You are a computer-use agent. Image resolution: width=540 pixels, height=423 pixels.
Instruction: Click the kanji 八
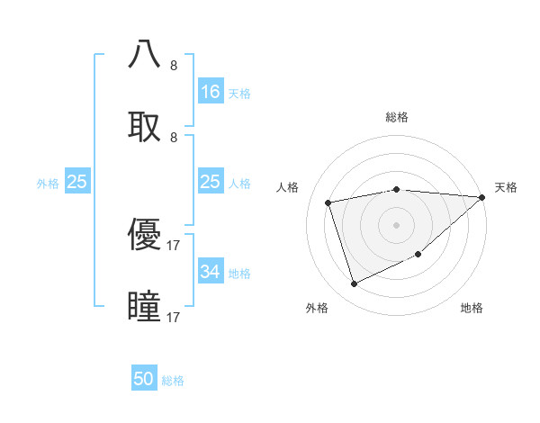tap(145, 54)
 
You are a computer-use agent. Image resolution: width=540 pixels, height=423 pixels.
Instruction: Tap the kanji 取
tap(145, 126)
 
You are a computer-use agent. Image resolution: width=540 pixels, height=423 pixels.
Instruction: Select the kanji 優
tap(145, 235)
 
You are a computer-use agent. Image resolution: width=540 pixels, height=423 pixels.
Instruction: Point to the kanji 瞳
tap(145, 307)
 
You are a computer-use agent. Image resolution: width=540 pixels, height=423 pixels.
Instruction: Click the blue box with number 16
tap(211, 92)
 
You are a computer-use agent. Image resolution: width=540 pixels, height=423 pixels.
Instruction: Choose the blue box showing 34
tap(211, 272)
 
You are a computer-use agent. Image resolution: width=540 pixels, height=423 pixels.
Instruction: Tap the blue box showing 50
tap(144, 379)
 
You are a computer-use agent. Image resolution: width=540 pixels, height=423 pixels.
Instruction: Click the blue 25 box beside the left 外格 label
tap(77, 182)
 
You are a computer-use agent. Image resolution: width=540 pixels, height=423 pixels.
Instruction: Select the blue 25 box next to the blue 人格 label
tap(211, 182)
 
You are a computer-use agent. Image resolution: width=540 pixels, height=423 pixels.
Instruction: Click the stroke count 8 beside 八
tap(174, 65)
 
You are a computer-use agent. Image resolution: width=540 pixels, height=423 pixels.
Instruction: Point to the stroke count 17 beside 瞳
tap(174, 318)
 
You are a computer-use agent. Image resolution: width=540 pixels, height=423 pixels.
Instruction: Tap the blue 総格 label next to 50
tap(173, 381)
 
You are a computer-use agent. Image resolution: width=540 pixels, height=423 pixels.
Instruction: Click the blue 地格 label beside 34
tap(239, 274)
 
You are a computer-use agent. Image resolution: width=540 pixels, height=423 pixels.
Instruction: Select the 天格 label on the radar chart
tap(506, 187)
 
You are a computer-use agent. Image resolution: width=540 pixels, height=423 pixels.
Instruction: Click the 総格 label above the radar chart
tap(396, 117)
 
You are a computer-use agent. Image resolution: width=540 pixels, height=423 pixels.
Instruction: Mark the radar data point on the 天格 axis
tap(482, 198)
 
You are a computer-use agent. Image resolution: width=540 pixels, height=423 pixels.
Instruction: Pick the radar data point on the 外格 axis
tap(355, 284)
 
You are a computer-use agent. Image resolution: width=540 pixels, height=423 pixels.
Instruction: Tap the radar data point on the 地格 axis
tap(419, 255)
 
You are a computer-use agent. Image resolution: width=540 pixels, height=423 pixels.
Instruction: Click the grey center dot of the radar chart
tap(396, 224)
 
